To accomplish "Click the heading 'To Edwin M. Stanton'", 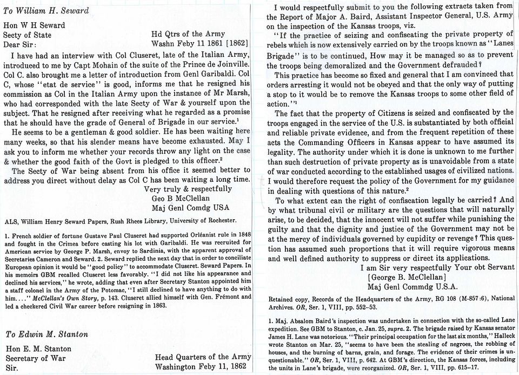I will tap(47, 334).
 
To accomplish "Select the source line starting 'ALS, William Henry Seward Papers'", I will tap(121, 221).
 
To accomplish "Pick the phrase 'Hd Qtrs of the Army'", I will tap(185, 34).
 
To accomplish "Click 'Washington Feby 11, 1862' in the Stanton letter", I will tap(203, 366).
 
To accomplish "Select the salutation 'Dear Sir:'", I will tap(21, 44).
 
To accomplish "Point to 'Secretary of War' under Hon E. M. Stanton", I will tap(35, 357).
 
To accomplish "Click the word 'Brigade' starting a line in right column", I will tap(281, 55).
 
